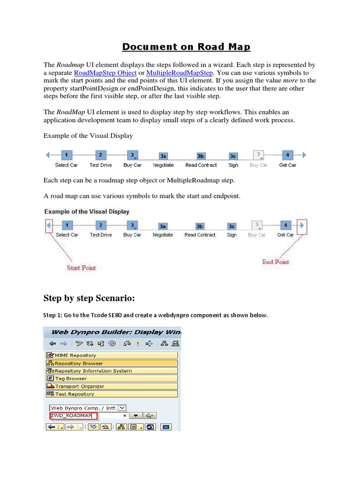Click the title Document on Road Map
pyautogui.click(x=187, y=46)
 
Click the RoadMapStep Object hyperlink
pyautogui.click(x=105, y=73)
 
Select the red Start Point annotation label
pyautogui.click(x=81, y=268)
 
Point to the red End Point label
pyautogui.click(x=275, y=262)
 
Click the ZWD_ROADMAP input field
pyautogui.click(x=73, y=415)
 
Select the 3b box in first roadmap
pyautogui.click(x=201, y=156)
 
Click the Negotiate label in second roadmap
pyautogui.click(x=163, y=235)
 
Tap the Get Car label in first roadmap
pyautogui.click(x=287, y=165)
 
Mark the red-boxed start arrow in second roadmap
pyautogui.click(x=49, y=226)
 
